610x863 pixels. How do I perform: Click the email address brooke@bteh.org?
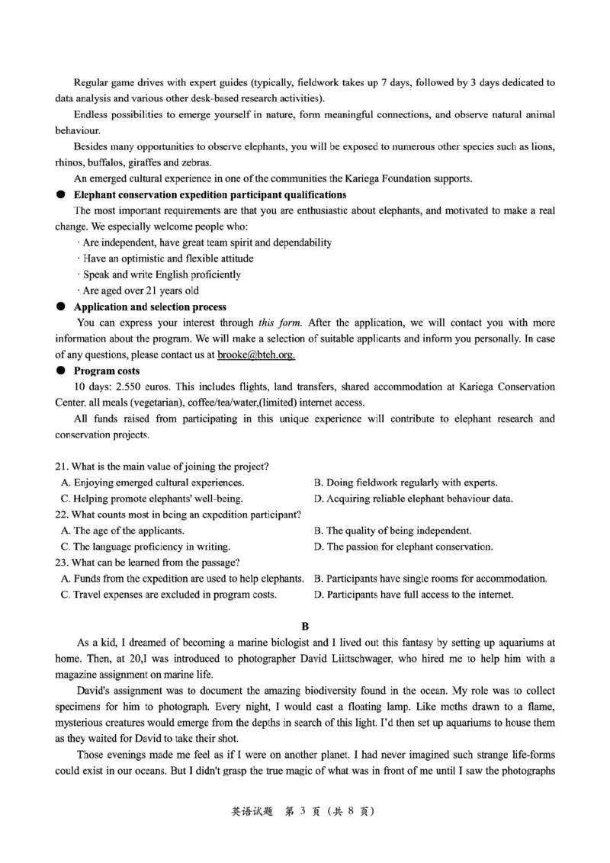(x=256, y=355)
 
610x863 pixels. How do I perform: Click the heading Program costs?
(x=106, y=371)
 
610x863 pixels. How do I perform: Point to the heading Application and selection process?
(x=149, y=307)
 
